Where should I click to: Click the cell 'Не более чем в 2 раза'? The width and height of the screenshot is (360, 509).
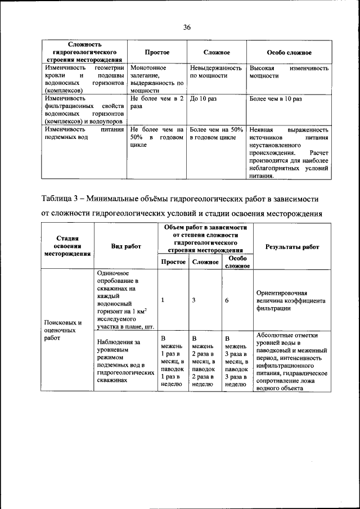pyautogui.click(x=157, y=101)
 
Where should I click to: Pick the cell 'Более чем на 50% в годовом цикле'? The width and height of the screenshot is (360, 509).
pyautogui.click(x=216, y=133)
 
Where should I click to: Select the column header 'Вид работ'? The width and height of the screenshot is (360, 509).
pyautogui.click(x=126, y=246)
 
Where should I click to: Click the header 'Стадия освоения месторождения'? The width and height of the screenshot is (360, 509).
pyautogui.click(x=67, y=246)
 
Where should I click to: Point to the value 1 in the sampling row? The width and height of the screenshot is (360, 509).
pyautogui.click(x=163, y=300)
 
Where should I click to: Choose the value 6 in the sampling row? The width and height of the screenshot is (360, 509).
pyautogui.click(x=227, y=300)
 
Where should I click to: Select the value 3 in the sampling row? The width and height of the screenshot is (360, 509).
pyautogui.click(x=194, y=300)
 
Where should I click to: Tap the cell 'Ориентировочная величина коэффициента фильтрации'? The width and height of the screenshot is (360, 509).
pyautogui.click(x=290, y=300)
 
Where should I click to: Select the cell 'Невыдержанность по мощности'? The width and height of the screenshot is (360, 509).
pyautogui.click(x=216, y=71)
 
